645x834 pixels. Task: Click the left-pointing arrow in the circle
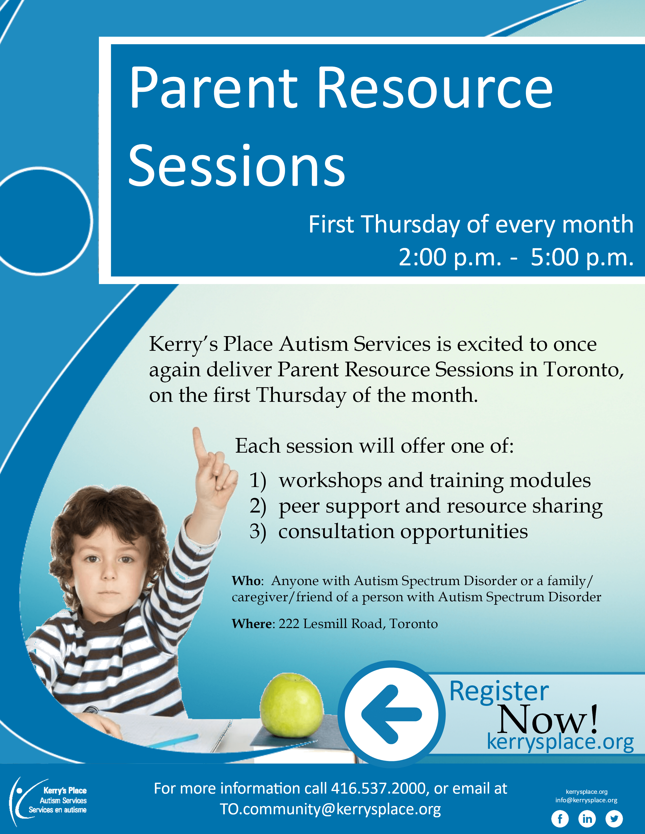[391, 714]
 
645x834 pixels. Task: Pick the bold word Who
[246, 581]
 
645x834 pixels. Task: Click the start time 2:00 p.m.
[450, 258]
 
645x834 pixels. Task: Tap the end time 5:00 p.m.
[582, 258]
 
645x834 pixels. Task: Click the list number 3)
[258, 531]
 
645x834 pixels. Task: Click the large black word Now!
[548, 720]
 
